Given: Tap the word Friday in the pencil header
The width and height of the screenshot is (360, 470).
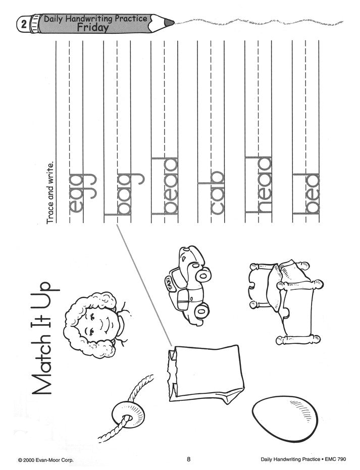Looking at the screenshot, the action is click(92, 28).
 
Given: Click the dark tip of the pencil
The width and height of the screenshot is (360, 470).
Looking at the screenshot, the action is click(170, 23).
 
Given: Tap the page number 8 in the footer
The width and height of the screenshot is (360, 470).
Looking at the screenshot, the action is click(188, 459).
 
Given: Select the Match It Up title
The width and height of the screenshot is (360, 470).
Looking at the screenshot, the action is click(45, 338).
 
